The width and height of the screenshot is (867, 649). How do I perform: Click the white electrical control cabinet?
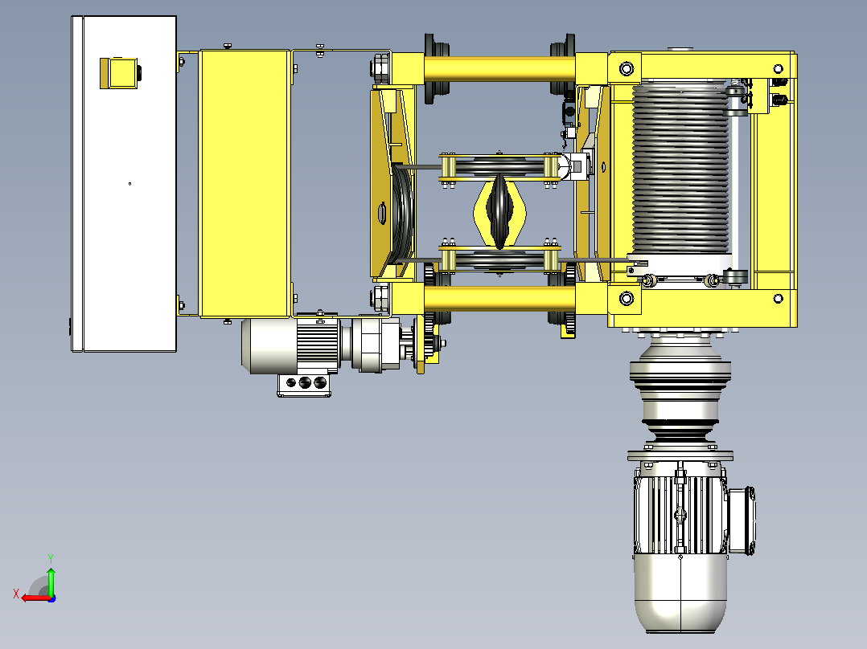pyautogui.click(x=124, y=183)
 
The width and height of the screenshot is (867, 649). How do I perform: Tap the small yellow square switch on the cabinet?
pyautogui.click(x=118, y=73)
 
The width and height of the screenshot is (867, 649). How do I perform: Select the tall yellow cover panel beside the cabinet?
pyautogui.click(x=245, y=183)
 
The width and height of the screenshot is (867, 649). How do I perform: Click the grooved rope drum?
pyautogui.click(x=680, y=169)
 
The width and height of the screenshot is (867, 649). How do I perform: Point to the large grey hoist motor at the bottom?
pyautogui.click(x=680, y=547)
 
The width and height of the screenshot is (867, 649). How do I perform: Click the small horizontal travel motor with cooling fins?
pyautogui.click(x=290, y=345)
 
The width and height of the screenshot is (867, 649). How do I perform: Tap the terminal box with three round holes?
pyautogui.click(x=304, y=385)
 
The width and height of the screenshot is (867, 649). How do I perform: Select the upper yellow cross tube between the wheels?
pyautogui.click(x=500, y=68)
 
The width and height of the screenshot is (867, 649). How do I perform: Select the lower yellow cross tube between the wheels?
pyautogui.click(x=500, y=298)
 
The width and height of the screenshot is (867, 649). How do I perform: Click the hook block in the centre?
pyautogui.click(x=499, y=211)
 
